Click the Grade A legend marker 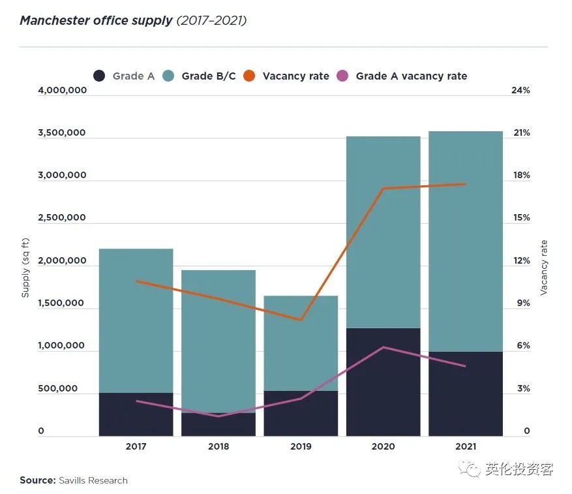99,76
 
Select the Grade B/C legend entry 208,76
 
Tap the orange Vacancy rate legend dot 248,76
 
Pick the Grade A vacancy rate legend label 411,76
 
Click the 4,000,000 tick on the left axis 63,91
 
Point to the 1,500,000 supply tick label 63,303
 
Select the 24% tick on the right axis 520,91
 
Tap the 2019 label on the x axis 301,447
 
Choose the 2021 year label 466,447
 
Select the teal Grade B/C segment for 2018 218,339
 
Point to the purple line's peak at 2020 384,347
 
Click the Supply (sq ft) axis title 26,268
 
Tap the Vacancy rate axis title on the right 544,268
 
